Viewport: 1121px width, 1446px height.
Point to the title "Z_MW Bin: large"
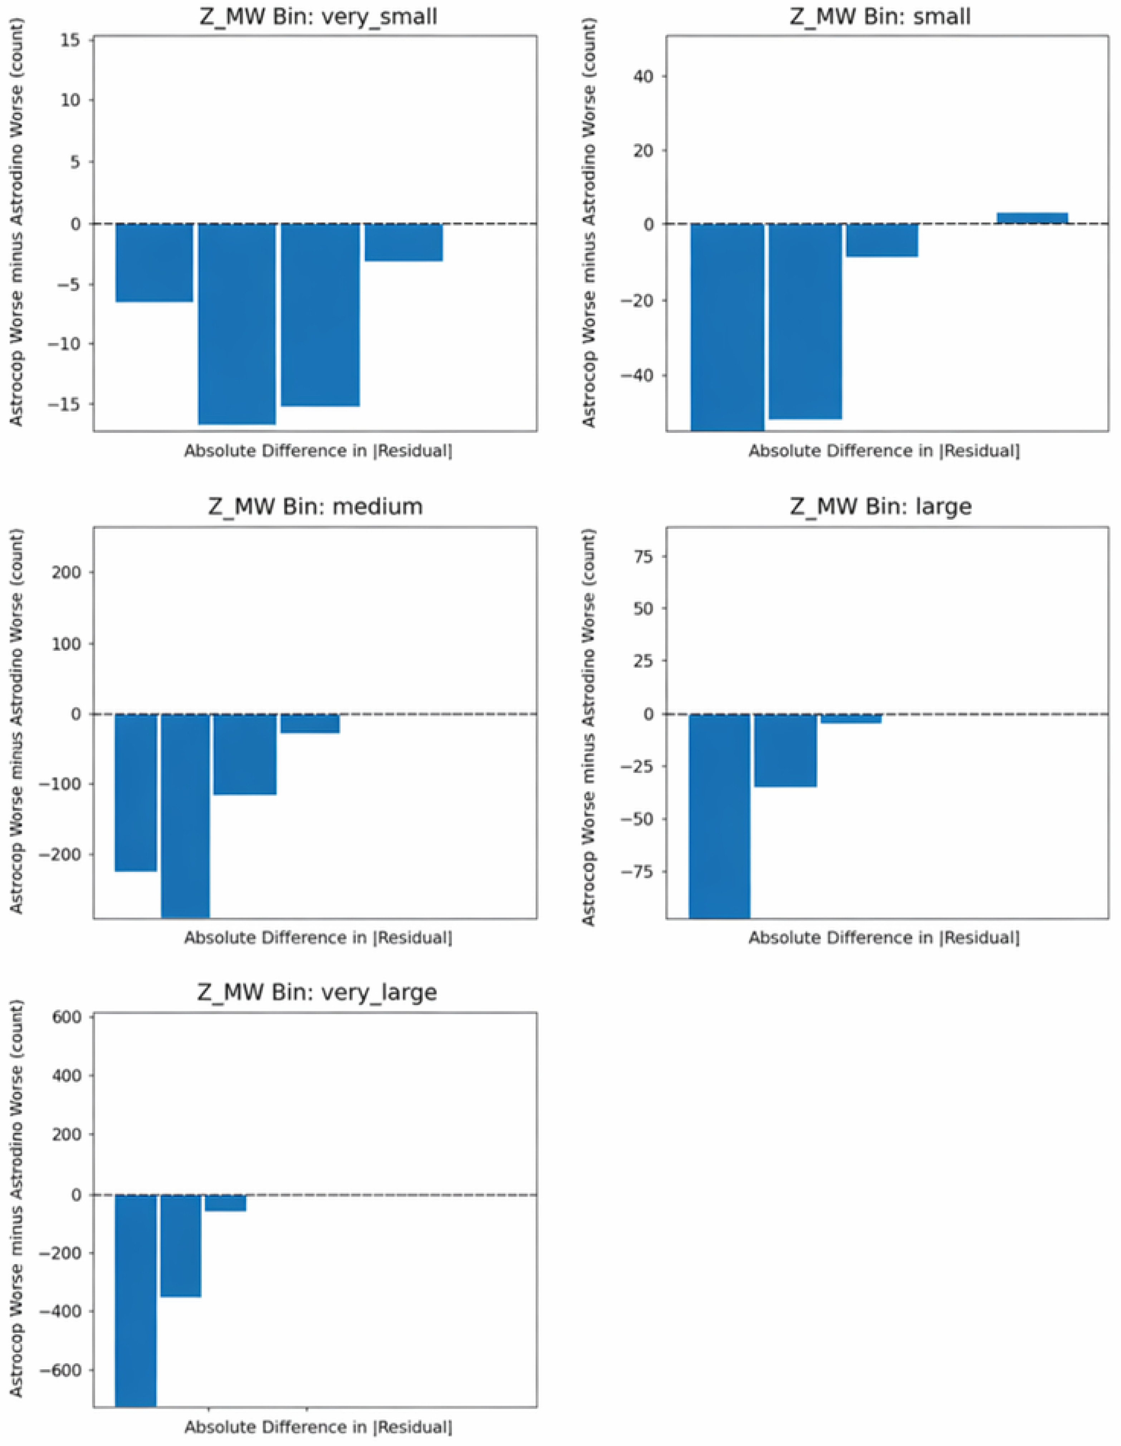tap(881, 506)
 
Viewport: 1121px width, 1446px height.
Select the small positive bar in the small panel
tap(1032, 218)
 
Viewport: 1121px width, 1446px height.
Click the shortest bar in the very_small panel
tap(404, 242)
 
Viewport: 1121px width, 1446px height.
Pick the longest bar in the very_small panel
tap(237, 324)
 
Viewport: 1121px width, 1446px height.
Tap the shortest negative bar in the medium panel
tap(310, 723)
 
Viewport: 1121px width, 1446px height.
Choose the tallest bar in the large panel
tap(719, 816)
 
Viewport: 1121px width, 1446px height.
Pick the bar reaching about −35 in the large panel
tap(785, 750)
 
